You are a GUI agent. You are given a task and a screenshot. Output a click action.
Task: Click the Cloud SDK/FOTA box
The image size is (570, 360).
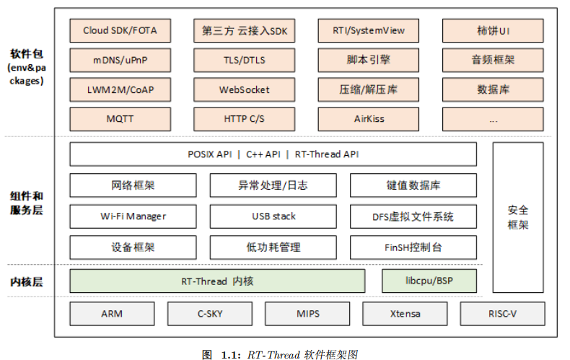[x=120, y=31]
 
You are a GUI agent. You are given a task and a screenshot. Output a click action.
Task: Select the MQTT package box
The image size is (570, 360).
[x=120, y=118]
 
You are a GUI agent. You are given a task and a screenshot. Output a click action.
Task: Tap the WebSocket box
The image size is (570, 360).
[x=244, y=90]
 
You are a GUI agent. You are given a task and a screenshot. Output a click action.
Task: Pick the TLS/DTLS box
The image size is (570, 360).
[x=244, y=61]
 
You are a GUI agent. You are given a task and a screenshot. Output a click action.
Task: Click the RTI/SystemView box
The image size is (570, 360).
[x=369, y=31]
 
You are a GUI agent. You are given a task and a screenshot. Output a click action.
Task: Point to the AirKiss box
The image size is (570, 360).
[x=369, y=118]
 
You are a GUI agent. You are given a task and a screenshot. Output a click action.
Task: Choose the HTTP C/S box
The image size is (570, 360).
[x=244, y=118]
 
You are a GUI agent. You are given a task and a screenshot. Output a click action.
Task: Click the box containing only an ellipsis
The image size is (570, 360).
[x=493, y=118]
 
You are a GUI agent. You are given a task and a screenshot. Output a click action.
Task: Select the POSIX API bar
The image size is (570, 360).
[x=273, y=154]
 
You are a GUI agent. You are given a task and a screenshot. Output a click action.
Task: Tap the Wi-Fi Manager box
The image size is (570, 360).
[x=133, y=216]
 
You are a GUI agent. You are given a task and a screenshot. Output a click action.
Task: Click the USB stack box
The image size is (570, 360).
[x=273, y=216]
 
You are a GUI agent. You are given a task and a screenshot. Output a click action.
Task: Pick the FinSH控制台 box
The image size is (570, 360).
[x=413, y=247]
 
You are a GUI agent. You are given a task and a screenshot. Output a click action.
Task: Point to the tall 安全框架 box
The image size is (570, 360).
[x=518, y=217]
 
